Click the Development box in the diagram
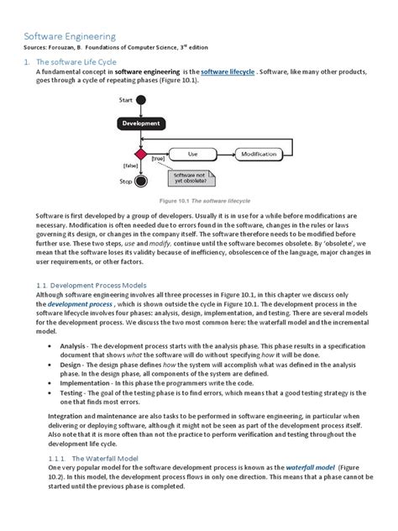(x=141, y=124)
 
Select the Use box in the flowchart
(x=192, y=154)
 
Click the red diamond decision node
(x=141, y=155)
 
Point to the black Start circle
(x=141, y=102)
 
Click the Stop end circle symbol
(x=141, y=180)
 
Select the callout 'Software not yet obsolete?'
(x=190, y=176)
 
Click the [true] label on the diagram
(x=158, y=158)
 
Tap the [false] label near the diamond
(x=129, y=166)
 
